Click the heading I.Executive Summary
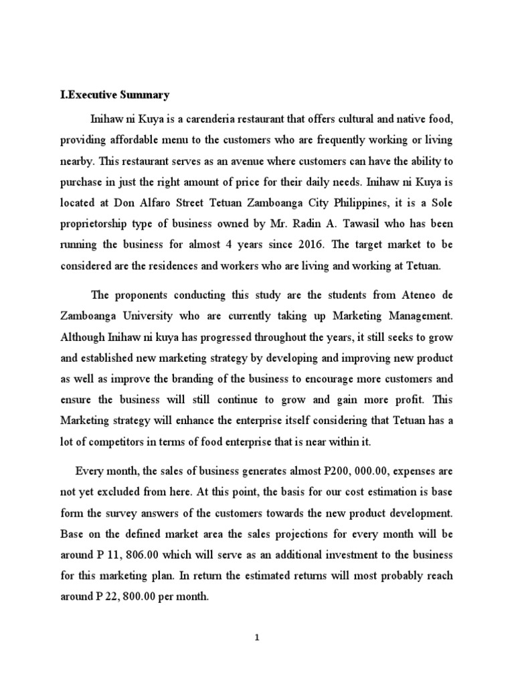114,95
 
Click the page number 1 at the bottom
257,638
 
